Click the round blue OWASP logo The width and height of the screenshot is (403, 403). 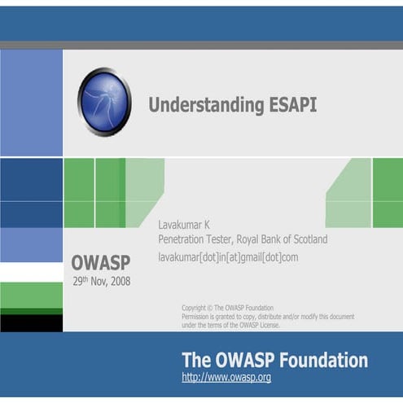pyautogui.click(x=104, y=102)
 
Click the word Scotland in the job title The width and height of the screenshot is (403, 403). pyautogui.click(x=305, y=239)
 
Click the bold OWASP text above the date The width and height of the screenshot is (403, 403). pyautogui.click(x=100, y=263)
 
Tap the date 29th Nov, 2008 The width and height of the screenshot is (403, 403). pyautogui.click(x=101, y=282)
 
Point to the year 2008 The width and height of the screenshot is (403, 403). pyautogui.click(x=117, y=282)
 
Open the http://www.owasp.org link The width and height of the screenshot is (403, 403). pyautogui.click(x=226, y=378)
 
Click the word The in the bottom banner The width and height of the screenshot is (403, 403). pyautogui.click(x=196, y=360)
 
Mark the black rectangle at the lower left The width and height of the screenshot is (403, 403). pyautogui.click(x=31, y=323)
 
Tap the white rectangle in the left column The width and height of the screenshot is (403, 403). pyautogui.click(x=31, y=272)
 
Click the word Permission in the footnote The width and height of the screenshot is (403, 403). pyautogui.click(x=199, y=316)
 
